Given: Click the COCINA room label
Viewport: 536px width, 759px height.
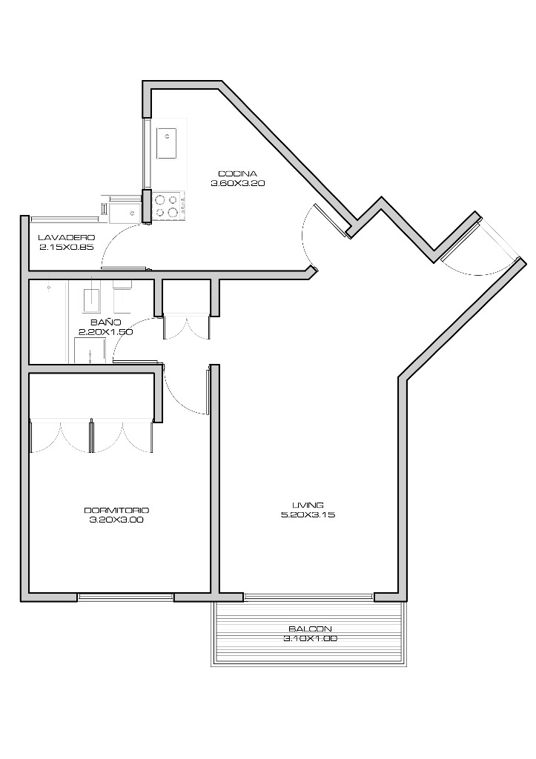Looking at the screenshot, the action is [x=237, y=173].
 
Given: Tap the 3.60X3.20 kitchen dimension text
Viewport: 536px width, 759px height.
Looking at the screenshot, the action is [x=237, y=184].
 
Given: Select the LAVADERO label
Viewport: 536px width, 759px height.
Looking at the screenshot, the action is [x=66, y=238].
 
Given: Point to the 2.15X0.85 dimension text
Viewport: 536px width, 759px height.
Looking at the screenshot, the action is [x=66, y=247].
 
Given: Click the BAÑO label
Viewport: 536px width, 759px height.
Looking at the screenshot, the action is [x=105, y=322].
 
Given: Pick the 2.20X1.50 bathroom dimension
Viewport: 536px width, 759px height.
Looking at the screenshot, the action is [x=105, y=332].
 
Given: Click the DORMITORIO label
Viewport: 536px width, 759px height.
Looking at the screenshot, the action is [x=116, y=510].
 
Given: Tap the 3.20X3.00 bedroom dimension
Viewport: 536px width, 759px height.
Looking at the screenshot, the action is [x=116, y=520].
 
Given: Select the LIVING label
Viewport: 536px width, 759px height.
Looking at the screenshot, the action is [x=308, y=505].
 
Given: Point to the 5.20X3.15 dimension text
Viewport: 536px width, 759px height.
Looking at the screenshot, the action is [x=308, y=514].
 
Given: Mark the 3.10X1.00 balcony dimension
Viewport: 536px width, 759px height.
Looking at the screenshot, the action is [x=310, y=638].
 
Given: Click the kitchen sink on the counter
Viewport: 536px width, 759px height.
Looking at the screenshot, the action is [x=166, y=143].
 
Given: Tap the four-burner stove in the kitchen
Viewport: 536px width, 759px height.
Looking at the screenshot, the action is [x=167, y=205].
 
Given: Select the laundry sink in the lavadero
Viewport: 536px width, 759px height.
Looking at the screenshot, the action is [x=125, y=212].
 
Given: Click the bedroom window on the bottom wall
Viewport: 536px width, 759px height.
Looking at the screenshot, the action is [x=125, y=597].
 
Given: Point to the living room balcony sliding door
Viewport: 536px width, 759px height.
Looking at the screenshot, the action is [x=309, y=597].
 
